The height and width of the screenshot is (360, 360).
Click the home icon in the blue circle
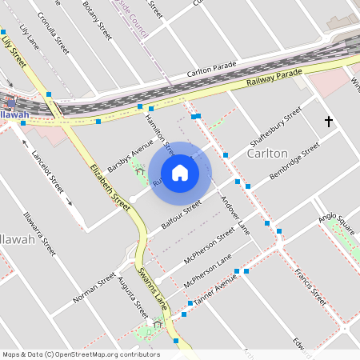180,173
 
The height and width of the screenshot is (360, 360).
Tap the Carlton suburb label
267,153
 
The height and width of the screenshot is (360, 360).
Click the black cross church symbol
328,122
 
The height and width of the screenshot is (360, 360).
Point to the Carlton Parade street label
214,71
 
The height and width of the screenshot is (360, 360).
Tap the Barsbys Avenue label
130,152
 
